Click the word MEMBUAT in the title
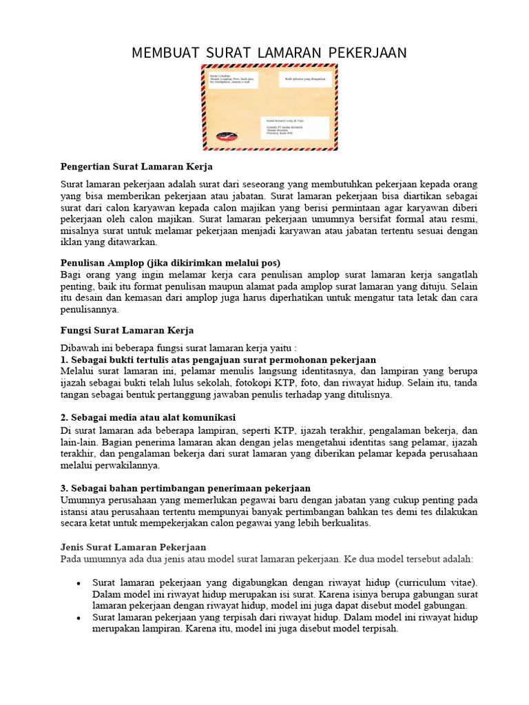tap(160, 52)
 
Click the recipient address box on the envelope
tap(298, 127)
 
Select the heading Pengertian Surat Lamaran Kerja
tap(136, 167)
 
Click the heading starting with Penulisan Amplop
tap(170, 263)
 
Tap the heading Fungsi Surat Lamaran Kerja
tap(127, 330)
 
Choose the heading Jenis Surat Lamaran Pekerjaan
tap(127, 547)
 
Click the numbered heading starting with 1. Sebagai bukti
tap(218, 359)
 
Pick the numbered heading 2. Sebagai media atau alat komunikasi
tap(148, 417)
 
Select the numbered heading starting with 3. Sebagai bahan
tap(185, 488)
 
